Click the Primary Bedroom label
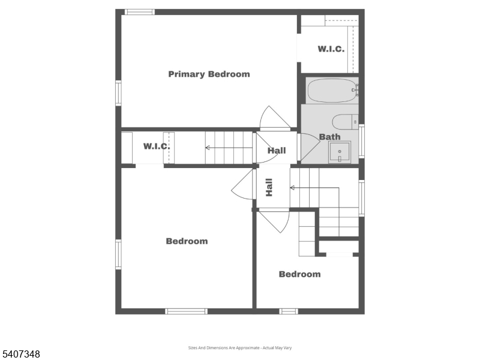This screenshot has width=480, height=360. pyautogui.click(x=209, y=74)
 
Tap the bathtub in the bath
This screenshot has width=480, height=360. pyautogui.click(x=332, y=91)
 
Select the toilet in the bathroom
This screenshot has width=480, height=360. pyautogui.click(x=346, y=122)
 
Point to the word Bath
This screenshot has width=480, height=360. pyautogui.click(x=329, y=137)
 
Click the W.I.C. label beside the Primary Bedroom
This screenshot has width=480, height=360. pyautogui.click(x=331, y=49)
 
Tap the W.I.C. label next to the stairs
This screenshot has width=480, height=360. pyautogui.click(x=156, y=146)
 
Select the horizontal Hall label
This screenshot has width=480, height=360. pyautogui.click(x=277, y=151)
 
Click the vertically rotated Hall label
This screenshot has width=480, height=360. pyautogui.click(x=269, y=188)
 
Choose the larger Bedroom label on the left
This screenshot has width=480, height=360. pyautogui.click(x=187, y=241)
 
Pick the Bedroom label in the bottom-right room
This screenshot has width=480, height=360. pyautogui.click(x=299, y=274)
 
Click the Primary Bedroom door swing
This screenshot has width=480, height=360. pyautogui.click(x=273, y=118)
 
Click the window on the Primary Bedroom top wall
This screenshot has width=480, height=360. pyautogui.click(x=139, y=12)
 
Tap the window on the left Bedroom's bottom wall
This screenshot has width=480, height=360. pyautogui.click(x=186, y=311)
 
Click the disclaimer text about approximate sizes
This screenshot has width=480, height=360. pyautogui.click(x=239, y=348)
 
